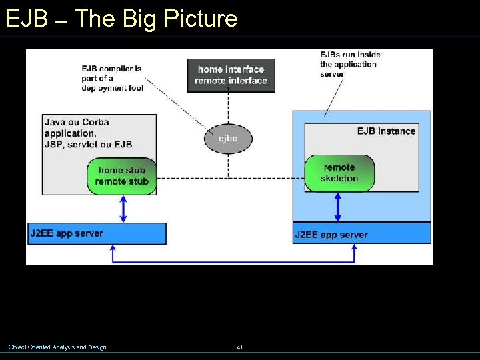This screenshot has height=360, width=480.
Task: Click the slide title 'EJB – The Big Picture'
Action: (121, 18)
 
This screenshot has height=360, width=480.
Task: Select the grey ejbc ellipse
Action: (228, 139)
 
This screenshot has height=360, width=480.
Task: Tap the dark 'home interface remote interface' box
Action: (231, 75)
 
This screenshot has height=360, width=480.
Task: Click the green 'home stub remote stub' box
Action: (121, 176)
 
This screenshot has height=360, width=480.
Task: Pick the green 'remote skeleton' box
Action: (339, 173)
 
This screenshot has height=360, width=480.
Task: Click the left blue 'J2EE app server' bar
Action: (97, 233)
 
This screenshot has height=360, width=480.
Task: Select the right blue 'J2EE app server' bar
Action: (362, 234)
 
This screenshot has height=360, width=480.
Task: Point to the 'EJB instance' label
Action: (386, 131)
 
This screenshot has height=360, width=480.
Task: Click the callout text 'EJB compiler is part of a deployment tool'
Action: (112, 79)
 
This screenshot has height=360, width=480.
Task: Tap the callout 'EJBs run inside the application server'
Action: (350, 64)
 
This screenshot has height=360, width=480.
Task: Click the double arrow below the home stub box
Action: (122, 208)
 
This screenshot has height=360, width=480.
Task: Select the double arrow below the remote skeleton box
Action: (338, 207)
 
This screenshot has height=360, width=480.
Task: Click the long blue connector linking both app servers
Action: (233, 261)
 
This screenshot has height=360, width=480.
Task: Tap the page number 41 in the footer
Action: (239, 347)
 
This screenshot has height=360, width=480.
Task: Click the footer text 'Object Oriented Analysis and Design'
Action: (57, 347)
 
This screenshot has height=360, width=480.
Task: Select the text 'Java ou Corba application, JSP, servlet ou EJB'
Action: (88, 133)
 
